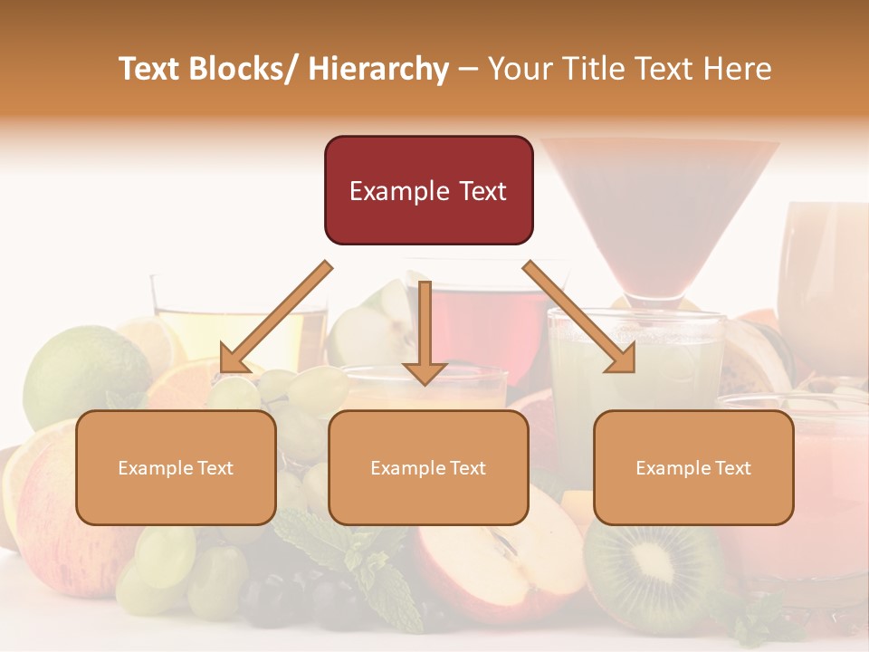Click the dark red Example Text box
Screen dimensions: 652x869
[x=428, y=190]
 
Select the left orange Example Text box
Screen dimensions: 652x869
[x=176, y=467]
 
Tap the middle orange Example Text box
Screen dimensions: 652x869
[x=428, y=467]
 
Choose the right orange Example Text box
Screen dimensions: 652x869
[x=693, y=467]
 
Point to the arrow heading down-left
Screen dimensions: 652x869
[x=276, y=317]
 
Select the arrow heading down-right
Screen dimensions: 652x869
[x=579, y=317]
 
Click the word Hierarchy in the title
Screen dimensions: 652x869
[x=378, y=69]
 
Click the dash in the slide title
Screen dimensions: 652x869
[x=468, y=69]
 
